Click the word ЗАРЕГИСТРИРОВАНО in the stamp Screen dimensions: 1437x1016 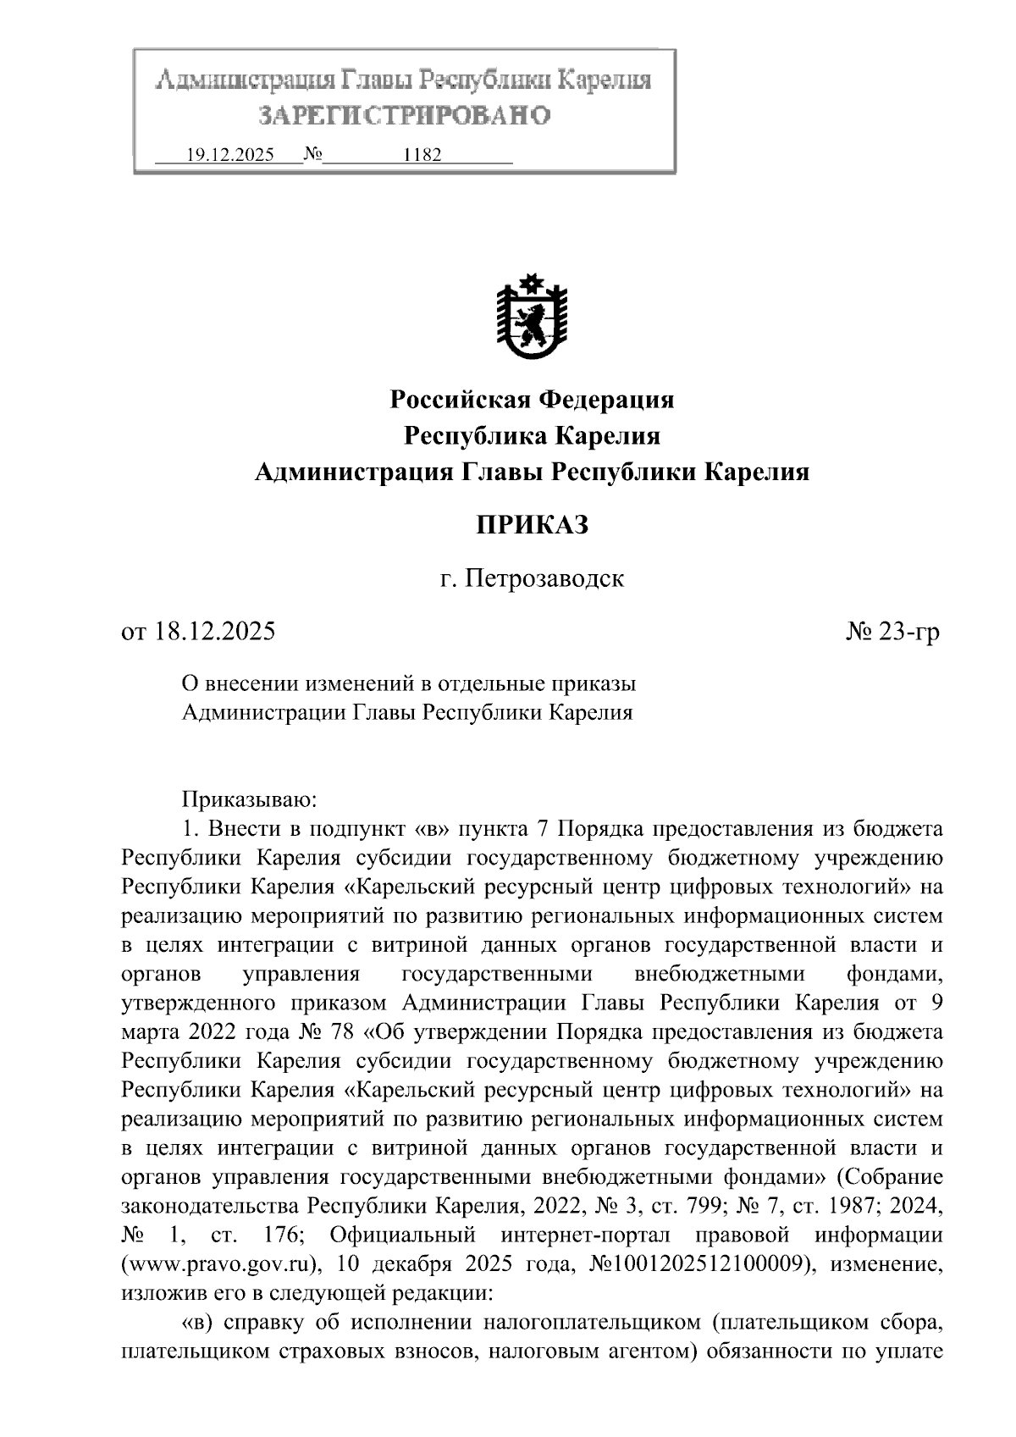404,115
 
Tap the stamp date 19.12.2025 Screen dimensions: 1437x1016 229,156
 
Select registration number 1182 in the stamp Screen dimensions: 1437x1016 423,156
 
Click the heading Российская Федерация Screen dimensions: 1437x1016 532,399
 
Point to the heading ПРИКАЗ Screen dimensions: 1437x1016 532,525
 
